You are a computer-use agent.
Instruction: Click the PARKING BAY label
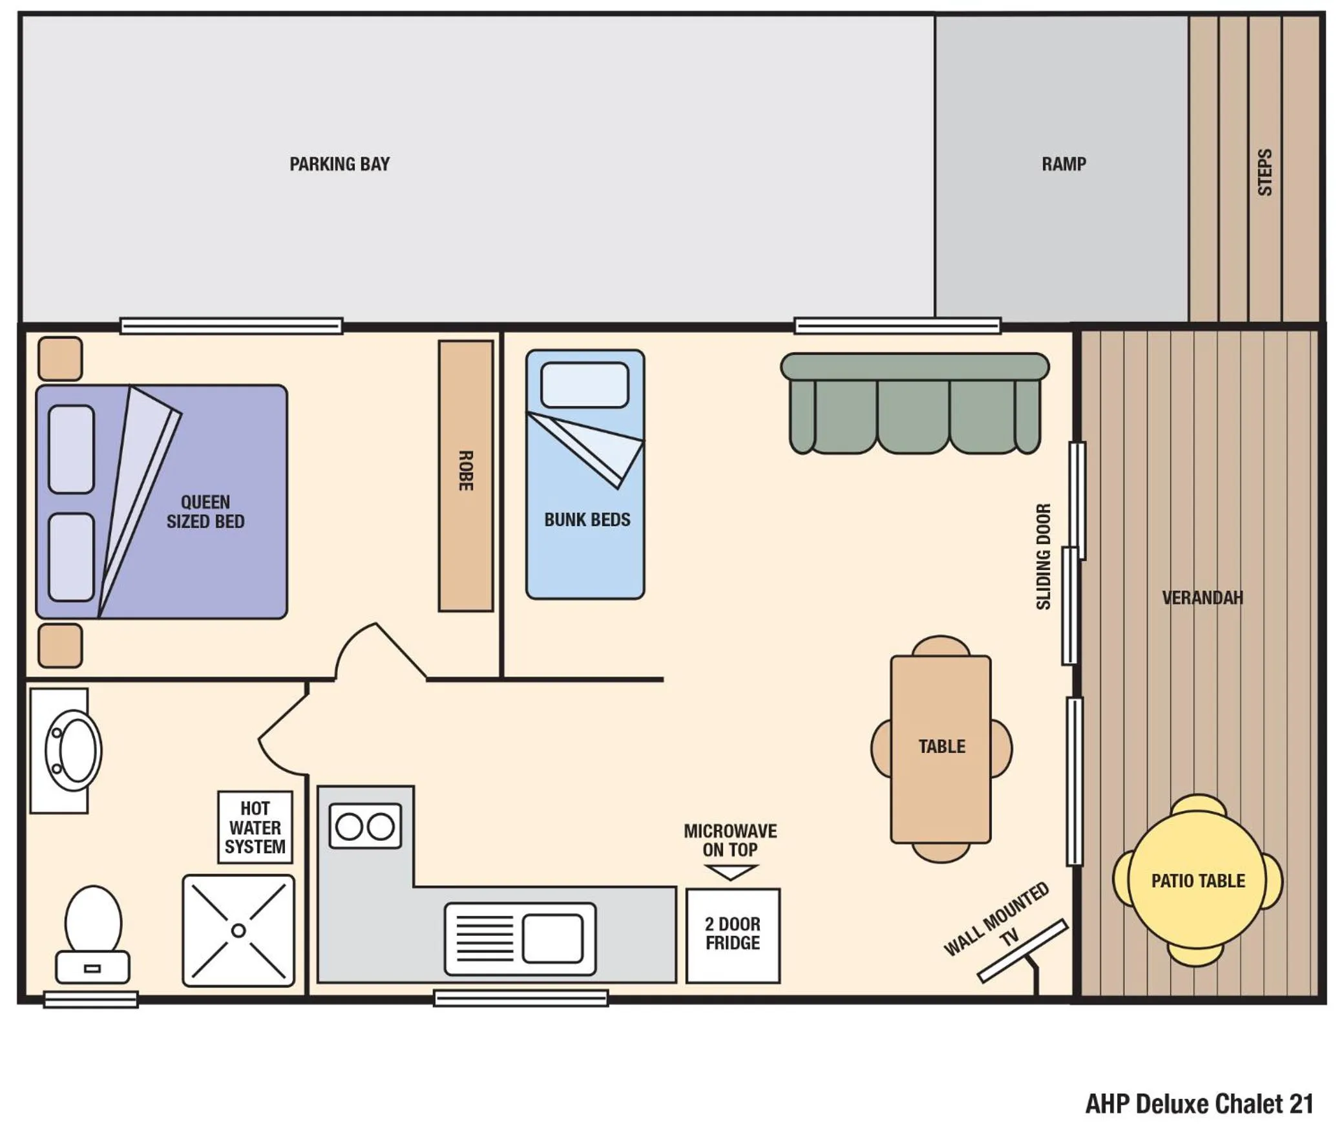coord(339,164)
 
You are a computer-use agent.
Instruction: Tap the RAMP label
coord(1063,164)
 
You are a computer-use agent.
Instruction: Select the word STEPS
coord(1265,173)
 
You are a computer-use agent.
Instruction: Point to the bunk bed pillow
coord(584,385)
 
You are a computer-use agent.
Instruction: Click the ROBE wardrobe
coord(465,475)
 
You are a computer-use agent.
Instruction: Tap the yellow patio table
coord(1197,880)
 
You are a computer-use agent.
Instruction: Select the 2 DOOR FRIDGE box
coord(732,935)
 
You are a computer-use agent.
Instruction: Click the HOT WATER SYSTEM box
coord(255,827)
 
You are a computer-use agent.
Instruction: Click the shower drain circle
coord(238,930)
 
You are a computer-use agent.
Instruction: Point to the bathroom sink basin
coord(74,750)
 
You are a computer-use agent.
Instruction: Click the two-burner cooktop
coord(365,826)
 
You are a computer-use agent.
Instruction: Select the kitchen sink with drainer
coord(520,938)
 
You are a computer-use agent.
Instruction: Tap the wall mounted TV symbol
coord(1023,950)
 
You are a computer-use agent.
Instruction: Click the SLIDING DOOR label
coord(1044,557)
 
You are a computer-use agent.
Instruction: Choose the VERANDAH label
coord(1202,598)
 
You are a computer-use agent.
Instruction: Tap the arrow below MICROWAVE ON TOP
coord(730,873)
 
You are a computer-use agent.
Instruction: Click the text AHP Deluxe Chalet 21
coord(1199,1104)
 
